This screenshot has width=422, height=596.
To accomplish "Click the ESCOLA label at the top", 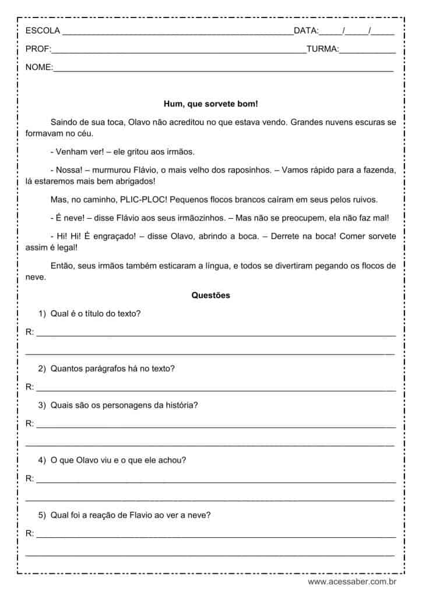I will [x=43, y=31].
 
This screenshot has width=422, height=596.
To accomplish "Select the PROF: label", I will [x=38, y=49].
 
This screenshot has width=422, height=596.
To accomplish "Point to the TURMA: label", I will [x=322, y=49].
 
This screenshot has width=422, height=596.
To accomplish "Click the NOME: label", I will [x=39, y=68].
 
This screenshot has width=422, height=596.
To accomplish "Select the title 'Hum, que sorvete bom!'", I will [x=211, y=104].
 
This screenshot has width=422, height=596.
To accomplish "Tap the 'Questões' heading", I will [x=211, y=295].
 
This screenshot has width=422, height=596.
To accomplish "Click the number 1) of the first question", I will [x=42, y=314].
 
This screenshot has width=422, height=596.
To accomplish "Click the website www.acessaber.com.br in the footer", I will [x=352, y=581].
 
